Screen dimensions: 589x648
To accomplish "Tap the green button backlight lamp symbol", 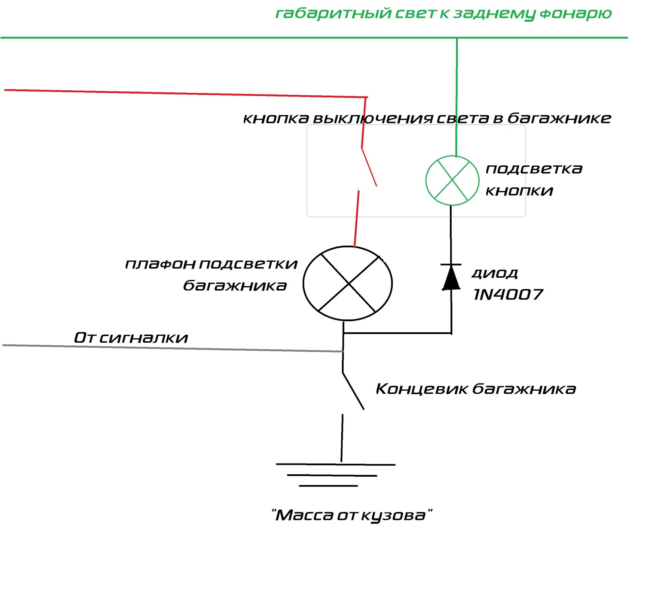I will [x=452, y=180].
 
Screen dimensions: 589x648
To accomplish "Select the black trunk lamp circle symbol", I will [x=348, y=283].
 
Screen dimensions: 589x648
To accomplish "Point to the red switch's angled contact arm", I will [x=369, y=167].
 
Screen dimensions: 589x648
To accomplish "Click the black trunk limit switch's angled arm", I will [x=353, y=391].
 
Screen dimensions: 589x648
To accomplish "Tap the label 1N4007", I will [x=508, y=294].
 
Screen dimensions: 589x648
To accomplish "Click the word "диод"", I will [x=494, y=273].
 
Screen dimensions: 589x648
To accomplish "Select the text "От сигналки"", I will [x=131, y=337].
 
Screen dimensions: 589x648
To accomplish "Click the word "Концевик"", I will [x=422, y=389].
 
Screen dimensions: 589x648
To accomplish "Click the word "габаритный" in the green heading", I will [x=333, y=13].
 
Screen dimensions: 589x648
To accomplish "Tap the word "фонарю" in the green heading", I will [x=575, y=14].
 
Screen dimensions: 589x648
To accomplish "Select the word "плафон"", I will [x=160, y=264].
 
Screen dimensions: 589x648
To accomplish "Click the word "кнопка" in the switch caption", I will [x=276, y=118].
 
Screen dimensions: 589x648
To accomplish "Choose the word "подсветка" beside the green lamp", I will [x=534, y=169].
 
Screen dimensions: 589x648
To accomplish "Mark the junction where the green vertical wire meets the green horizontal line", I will [x=457, y=38].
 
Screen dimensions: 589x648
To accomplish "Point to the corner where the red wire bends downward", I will [x=367, y=97].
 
